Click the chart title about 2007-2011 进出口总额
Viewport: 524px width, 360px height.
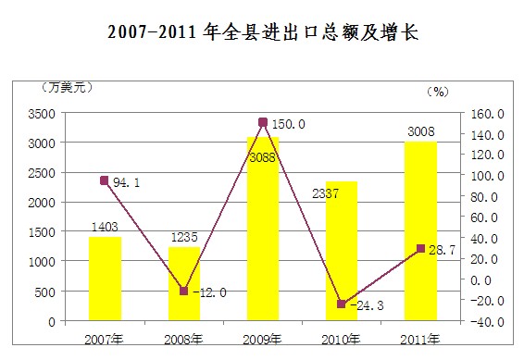pyautogui.click(x=262, y=32)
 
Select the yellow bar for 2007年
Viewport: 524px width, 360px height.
pyautogui.click(x=105, y=279)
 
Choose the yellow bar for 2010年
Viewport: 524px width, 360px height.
pyautogui.click(x=342, y=251)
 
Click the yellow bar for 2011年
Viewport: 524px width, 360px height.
pyautogui.click(x=420, y=231)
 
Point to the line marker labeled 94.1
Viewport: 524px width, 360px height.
pyautogui.click(x=105, y=181)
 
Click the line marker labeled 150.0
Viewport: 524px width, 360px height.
pyautogui.click(x=263, y=122)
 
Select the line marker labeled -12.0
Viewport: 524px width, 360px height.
pyautogui.click(x=183, y=292)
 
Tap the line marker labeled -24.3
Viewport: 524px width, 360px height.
pyautogui.click(x=342, y=304)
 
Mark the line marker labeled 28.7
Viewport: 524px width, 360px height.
pyautogui.click(x=420, y=249)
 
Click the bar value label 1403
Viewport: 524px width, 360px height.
pyautogui.click(x=105, y=226)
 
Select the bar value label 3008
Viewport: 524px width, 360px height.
pyautogui.click(x=421, y=130)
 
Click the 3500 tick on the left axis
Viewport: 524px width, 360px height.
pyautogui.click(x=41, y=114)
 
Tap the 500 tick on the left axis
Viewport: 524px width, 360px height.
pyautogui.click(x=44, y=292)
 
